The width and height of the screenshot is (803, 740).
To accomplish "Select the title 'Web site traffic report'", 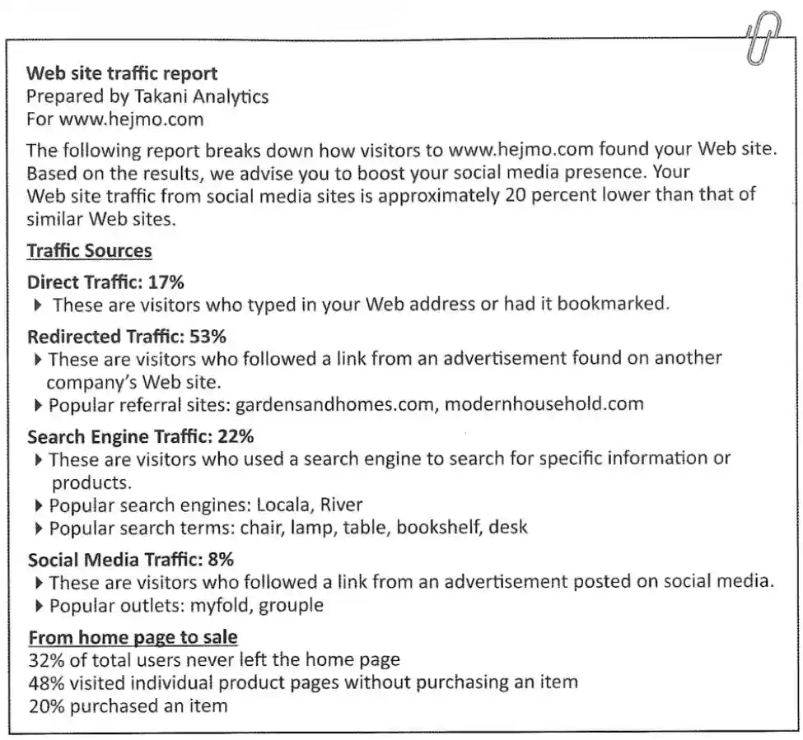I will [x=122, y=73].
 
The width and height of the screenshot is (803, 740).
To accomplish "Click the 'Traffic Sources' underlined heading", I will [x=89, y=250].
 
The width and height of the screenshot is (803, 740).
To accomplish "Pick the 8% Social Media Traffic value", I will [x=221, y=560].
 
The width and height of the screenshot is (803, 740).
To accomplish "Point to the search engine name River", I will [x=341, y=504].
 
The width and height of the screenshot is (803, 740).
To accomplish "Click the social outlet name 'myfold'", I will [x=219, y=606].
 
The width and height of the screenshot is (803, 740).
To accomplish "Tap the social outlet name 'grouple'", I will [x=290, y=606].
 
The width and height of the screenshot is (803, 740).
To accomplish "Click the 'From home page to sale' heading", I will [x=133, y=637].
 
